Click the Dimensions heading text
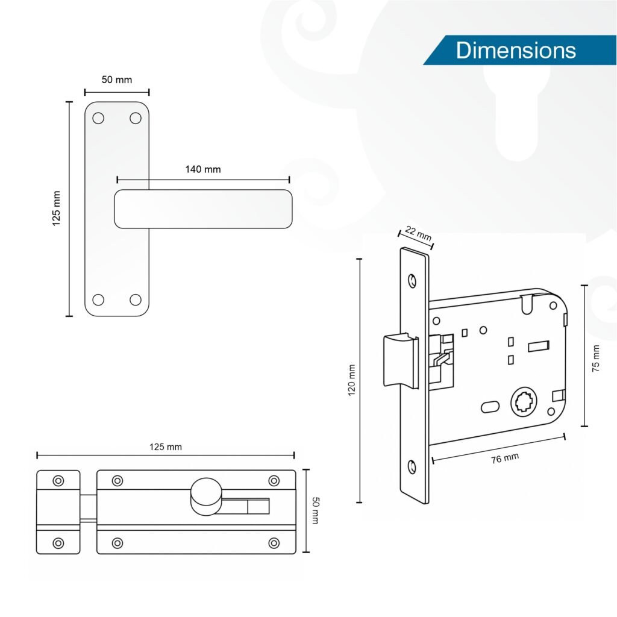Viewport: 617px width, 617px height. (x=516, y=51)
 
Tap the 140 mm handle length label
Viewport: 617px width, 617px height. (x=203, y=169)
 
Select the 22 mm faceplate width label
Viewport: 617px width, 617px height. (x=418, y=233)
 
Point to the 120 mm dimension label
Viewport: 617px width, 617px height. (x=351, y=380)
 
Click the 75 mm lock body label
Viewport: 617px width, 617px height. (x=596, y=359)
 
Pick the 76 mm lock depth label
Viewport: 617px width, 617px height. (x=505, y=459)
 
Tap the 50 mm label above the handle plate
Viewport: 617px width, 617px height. (x=117, y=80)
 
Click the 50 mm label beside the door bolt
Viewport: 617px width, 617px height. (x=315, y=510)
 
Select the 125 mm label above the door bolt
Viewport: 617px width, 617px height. (x=166, y=447)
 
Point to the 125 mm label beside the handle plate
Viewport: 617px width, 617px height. (x=56, y=208)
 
